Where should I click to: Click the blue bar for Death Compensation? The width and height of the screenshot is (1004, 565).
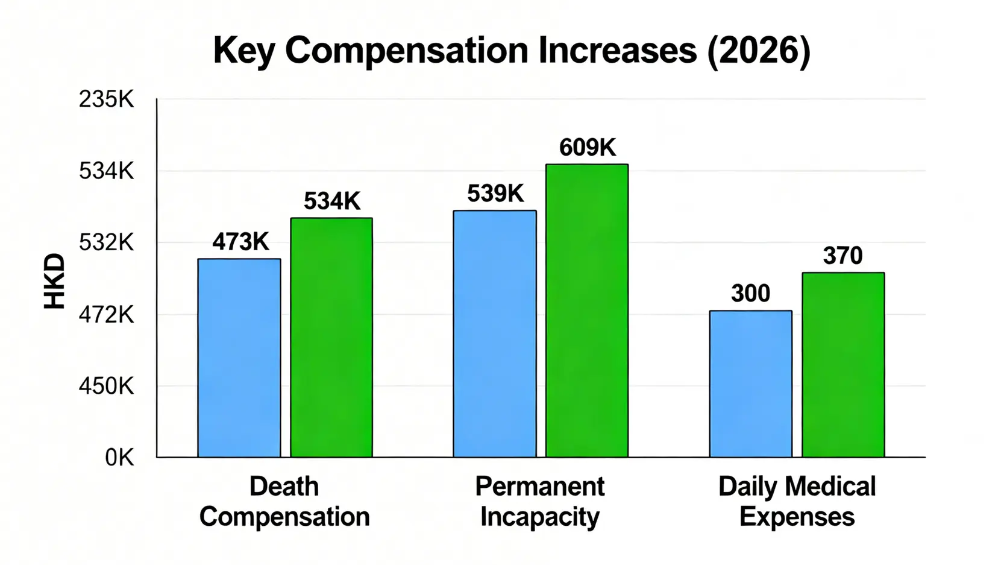(x=239, y=358)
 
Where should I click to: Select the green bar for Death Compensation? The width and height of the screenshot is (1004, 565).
(x=331, y=337)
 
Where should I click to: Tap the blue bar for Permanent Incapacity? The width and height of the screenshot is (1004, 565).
(x=495, y=333)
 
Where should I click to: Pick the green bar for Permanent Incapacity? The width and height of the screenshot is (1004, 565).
(x=587, y=311)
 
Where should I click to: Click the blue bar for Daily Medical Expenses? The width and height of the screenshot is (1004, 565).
(x=750, y=384)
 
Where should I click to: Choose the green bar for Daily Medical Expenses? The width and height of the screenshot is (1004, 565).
(x=843, y=365)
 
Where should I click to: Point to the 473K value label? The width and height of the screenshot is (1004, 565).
(x=240, y=242)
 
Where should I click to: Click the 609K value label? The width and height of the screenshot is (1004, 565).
(x=588, y=148)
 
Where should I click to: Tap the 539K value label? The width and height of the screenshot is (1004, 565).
(x=495, y=194)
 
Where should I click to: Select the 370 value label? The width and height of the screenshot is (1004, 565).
(x=843, y=256)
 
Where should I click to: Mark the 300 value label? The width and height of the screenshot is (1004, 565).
(x=750, y=294)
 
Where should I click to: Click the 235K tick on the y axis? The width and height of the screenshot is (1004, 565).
(x=106, y=99)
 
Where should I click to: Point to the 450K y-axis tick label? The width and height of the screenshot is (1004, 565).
(x=106, y=386)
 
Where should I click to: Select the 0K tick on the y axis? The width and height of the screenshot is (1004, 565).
(x=119, y=458)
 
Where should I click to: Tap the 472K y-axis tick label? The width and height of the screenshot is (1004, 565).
(x=106, y=314)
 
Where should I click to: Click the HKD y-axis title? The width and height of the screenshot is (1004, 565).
(x=55, y=281)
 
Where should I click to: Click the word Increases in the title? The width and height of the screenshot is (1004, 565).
(x=617, y=51)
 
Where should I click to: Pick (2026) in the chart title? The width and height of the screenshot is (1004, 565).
(x=758, y=51)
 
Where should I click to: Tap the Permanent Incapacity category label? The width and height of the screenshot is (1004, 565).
(x=540, y=502)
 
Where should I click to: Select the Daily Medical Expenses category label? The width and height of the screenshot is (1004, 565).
(x=797, y=502)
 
